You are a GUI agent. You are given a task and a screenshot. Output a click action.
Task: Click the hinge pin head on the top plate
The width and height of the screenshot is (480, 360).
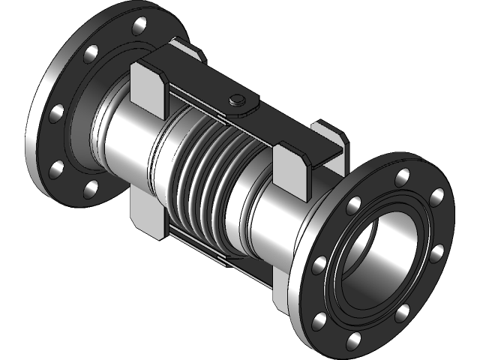click(x=237, y=99)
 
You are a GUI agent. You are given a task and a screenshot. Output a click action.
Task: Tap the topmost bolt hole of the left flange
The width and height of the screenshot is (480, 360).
click(x=138, y=28)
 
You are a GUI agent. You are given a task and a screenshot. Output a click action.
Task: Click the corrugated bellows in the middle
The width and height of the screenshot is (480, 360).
click(x=206, y=169)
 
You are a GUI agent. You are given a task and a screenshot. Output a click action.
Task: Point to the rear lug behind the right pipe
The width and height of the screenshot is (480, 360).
click(x=330, y=135)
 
